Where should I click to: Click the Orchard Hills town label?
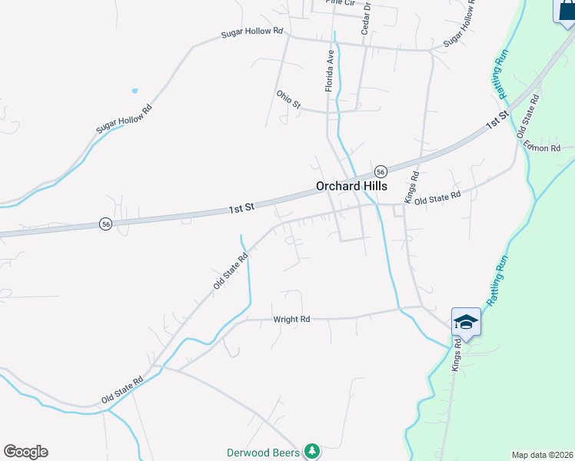(351, 186)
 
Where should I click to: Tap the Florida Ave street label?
(330, 71)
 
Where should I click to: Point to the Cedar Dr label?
(367, 17)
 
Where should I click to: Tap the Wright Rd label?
(291, 319)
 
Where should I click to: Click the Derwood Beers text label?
(263, 453)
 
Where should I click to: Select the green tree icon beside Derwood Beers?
(311, 451)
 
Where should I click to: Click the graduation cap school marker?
(466, 321)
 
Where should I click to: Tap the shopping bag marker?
(566, 11)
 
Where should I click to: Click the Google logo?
(25, 452)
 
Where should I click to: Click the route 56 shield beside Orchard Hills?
(380, 171)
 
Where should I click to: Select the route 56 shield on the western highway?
(105, 224)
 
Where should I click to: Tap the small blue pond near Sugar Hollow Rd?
(135, 91)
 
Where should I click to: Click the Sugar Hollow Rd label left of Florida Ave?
(252, 34)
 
